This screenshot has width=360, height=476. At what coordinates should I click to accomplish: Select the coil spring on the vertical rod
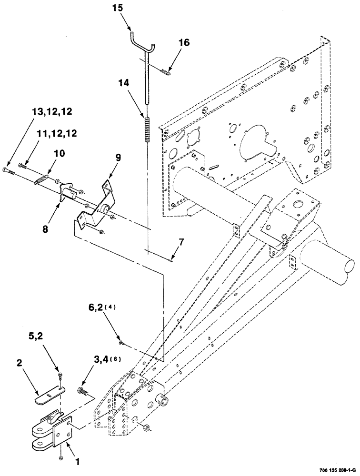click(x=148, y=129)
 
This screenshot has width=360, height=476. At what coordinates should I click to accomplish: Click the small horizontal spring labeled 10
click(x=42, y=179)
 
